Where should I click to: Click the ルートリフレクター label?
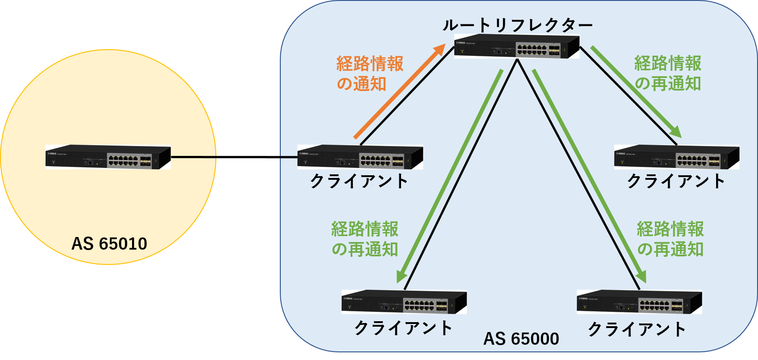pyautogui.click(x=517, y=25)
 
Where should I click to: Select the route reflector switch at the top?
pyautogui.click(x=516, y=46)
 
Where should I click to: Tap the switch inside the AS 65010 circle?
pyautogui.click(x=108, y=157)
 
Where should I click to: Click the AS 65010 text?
pyautogui.click(x=109, y=244)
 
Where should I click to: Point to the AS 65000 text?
pyautogui.click(x=521, y=338)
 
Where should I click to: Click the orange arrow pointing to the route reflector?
pyautogui.click(x=399, y=92)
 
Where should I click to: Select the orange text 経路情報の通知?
pyautogui.click(x=369, y=74)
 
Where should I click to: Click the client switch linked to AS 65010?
pyautogui.click(x=360, y=157)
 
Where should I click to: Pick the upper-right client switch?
pyautogui.click(x=676, y=157)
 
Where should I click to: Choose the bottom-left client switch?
pyautogui.click(x=404, y=302)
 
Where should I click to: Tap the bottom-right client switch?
pyautogui.click(x=639, y=302)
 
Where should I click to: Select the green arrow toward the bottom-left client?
pyautogui.click(x=449, y=176)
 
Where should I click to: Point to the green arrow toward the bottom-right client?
pyautogui.click(x=589, y=176)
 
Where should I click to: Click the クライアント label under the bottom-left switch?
pyautogui.click(x=403, y=328)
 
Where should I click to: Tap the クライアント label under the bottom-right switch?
pyautogui.click(x=637, y=329)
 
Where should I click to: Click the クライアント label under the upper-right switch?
pyautogui.click(x=676, y=181)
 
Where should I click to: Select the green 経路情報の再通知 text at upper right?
pyautogui.click(x=668, y=73)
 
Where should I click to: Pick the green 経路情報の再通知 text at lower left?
pyautogui.click(x=365, y=239)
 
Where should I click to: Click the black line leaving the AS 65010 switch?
pyautogui.click(x=194, y=157)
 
